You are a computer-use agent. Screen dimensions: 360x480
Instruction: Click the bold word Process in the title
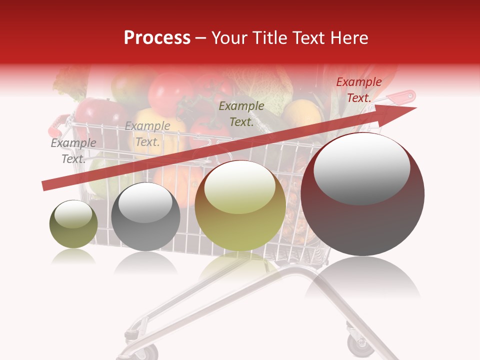157,38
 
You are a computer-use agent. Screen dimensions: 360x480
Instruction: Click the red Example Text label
358,90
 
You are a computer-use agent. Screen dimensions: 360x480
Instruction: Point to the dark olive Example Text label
241,114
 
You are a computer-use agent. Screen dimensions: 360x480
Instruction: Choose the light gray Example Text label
147,134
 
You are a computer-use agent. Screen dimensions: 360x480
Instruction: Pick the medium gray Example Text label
73,151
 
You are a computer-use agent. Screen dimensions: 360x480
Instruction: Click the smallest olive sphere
73,224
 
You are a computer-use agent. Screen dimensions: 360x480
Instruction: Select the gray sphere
145,217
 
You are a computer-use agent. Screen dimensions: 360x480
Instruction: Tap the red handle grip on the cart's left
55,125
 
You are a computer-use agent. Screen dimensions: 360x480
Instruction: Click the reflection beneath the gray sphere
145,263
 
